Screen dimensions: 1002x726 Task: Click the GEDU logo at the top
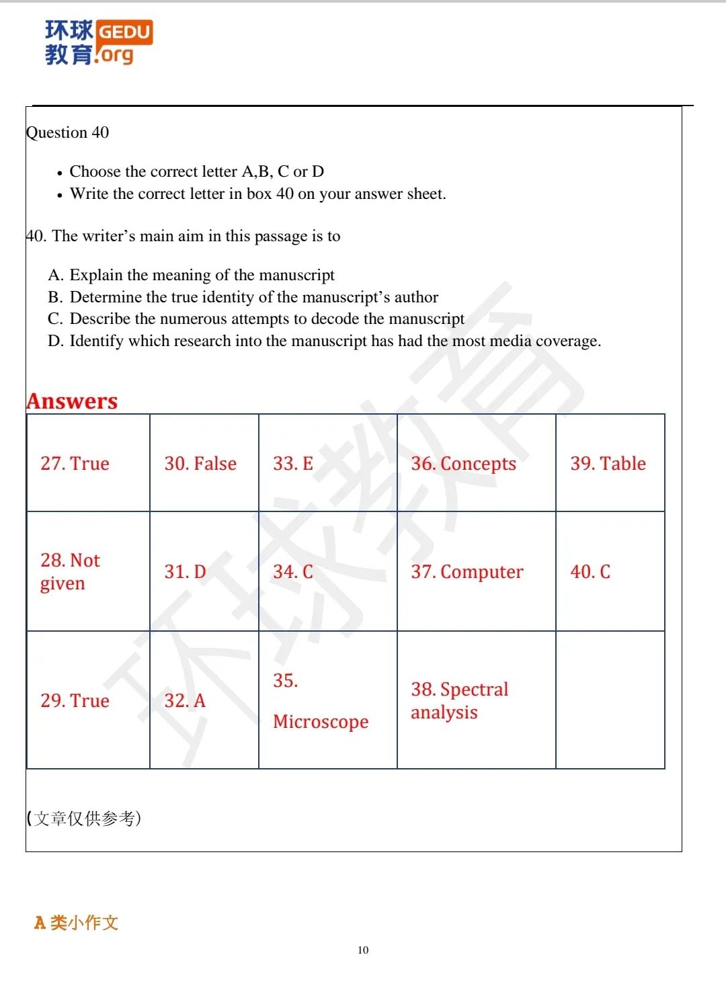pyautogui.click(x=98, y=42)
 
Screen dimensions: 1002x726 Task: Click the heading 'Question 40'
pyautogui.click(x=67, y=132)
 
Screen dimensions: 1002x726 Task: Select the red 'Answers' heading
pyautogui.click(x=72, y=401)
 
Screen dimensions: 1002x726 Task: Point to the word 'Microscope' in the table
pyautogui.click(x=321, y=722)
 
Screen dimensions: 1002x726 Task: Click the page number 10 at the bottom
pyautogui.click(x=363, y=950)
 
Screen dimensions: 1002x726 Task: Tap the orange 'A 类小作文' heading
pyautogui.click(x=76, y=923)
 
